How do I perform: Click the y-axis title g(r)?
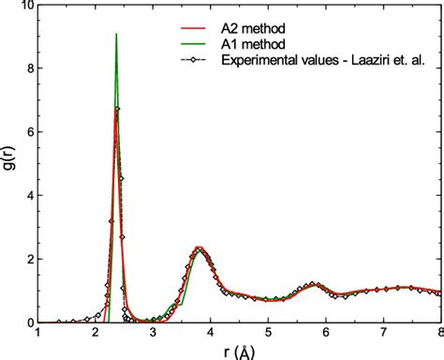(10, 165)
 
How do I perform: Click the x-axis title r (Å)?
(239, 352)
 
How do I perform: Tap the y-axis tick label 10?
(24, 7)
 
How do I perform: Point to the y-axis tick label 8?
(28, 69)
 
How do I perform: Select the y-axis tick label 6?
(28, 132)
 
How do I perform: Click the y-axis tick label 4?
(28, 196)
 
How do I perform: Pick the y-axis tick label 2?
(28, 259)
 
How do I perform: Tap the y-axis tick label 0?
(28, 322)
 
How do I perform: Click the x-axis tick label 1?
(37, 333)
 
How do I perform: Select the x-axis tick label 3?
(153, 333)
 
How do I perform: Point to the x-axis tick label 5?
(268, 333)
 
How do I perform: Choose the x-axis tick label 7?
(383, 333)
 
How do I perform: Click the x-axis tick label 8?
(439, 333)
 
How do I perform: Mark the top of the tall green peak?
(116, 35)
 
